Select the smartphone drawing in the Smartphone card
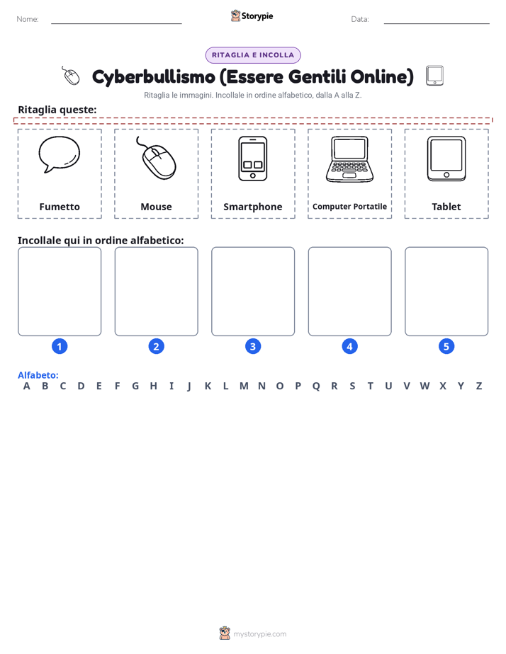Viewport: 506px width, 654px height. pos(252,159)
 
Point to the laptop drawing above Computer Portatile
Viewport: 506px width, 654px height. pos(350,159)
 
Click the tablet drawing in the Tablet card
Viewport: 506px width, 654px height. pos(446,159)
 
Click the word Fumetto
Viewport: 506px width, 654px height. pos(60,207)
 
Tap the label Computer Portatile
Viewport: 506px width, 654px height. pos(350,207)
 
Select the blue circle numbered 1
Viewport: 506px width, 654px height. pos(60,346)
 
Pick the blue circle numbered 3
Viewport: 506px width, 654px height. pos(252,346)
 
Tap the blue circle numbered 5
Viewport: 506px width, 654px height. pos(446,346)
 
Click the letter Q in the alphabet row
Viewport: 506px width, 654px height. pos(316,386)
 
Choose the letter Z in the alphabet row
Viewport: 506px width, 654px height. pos(479,386)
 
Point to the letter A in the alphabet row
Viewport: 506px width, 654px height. pos(27,386)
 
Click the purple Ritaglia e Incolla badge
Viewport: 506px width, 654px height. pos(253,55)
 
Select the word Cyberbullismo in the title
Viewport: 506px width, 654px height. pos(154,77)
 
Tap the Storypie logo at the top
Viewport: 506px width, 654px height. pos(252,16)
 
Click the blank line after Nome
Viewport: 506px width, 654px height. pos(116,23)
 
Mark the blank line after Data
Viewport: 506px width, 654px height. pos(437,23)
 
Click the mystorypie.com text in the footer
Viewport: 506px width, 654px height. pos(259,634)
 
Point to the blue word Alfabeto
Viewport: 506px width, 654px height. pos(38,375)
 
